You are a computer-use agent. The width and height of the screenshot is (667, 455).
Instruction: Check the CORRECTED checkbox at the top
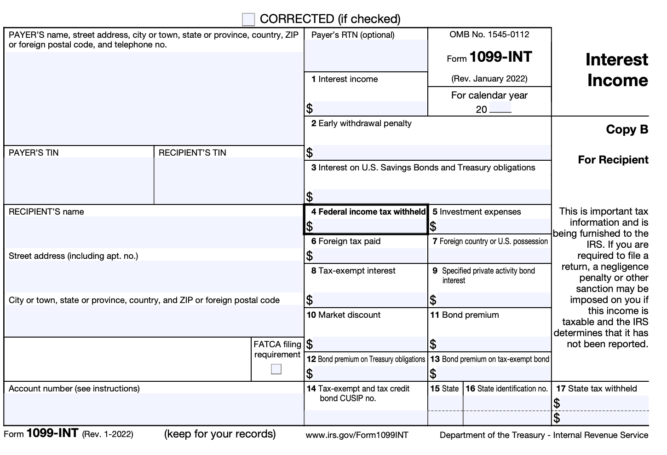(x=248, y=19)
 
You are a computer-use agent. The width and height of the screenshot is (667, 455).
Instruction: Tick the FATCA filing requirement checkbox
(x=276, y=369)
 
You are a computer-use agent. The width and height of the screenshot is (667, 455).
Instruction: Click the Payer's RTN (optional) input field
(x=366, y=55)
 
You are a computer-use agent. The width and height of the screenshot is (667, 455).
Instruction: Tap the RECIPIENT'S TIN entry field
(x=229, y=180)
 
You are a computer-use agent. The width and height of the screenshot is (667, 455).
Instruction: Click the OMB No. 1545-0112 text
(x=489, y=35)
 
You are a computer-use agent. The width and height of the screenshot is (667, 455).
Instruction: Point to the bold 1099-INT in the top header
(x=500, y=57)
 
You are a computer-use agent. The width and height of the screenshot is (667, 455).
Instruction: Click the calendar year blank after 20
(x=500, y=109)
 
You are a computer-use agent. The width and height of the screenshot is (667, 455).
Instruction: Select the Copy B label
(x=627, y=129)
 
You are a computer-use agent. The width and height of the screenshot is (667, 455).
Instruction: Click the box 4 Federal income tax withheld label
(x=368, y=212)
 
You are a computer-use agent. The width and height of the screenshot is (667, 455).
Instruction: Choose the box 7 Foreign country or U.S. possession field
(x=489, y=256)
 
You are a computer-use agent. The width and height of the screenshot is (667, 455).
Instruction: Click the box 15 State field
(x=445, y=403)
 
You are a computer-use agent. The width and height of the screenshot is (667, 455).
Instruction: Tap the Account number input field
(x=154, y=409)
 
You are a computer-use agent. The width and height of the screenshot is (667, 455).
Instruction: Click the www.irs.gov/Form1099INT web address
(x=356, y=435)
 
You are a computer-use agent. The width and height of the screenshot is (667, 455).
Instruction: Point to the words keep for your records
(x=220, y=434)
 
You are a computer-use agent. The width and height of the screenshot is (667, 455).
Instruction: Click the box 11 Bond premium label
(x=465, y=315)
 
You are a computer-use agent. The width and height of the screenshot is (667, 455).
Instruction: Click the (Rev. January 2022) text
(x=489, y=78)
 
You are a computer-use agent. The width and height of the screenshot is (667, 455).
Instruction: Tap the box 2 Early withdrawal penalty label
(x=361, y=123)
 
